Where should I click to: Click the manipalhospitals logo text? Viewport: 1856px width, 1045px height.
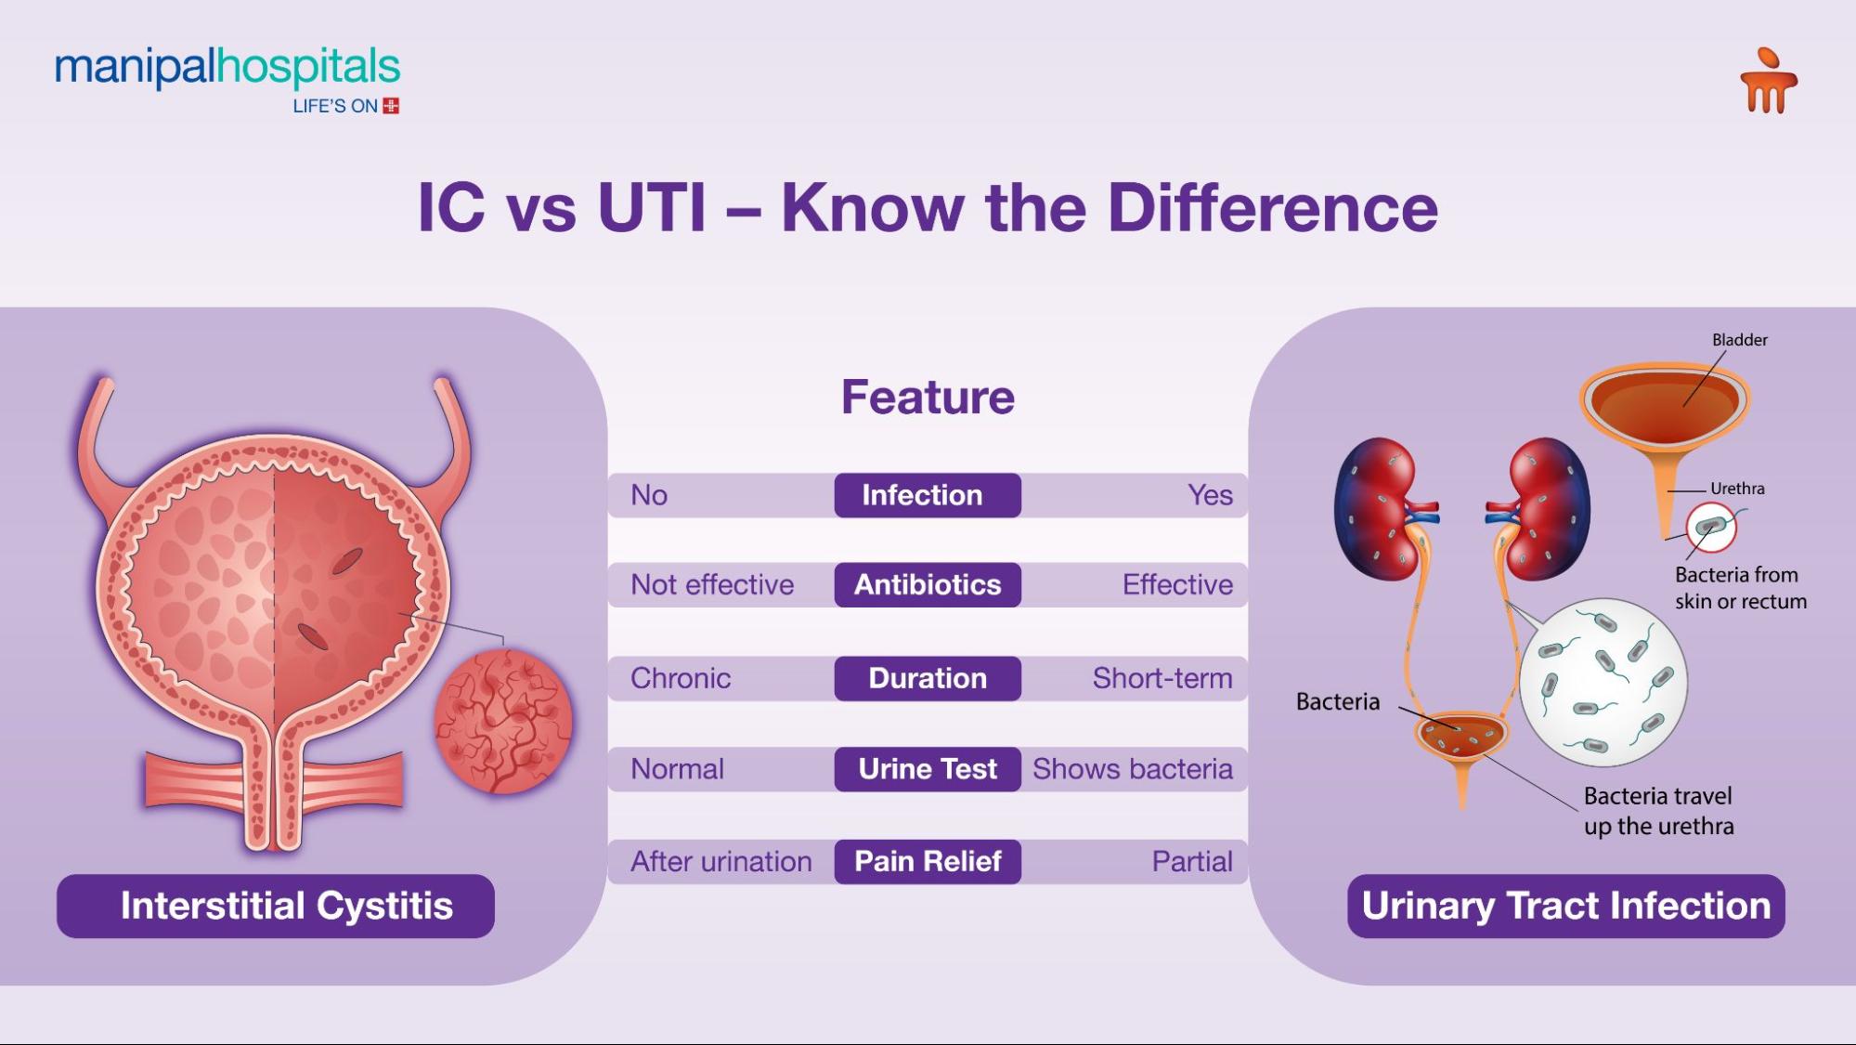pyautogui.click(x=227, y=70)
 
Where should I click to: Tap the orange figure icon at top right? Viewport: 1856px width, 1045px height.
pyautogui.click(x=1768, y=82)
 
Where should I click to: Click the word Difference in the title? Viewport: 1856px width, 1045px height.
pyautogui.click(x=1272, y=207)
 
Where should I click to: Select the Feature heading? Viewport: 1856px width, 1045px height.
pyautogui.click(x=928, y=398)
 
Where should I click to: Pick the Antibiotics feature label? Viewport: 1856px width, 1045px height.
pyautogui.click(x=927, y=585)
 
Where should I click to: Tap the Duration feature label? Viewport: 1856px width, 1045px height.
pyautogui.click(x=927, y=678)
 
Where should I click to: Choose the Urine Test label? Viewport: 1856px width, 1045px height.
pyautogui.click(x=927, y=769)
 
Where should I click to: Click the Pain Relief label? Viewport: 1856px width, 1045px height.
pyautogui.click(x=927, y=861)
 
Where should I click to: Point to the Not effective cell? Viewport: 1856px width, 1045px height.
pyautogui.click(x=712, y=585)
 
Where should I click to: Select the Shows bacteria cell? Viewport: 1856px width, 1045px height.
pyautogui.click(x=1132, y=769)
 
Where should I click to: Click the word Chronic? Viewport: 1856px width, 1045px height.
pyautogui.click(x=681, y=678)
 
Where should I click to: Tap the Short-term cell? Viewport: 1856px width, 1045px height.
pyautogui.click(x=1162, y=678)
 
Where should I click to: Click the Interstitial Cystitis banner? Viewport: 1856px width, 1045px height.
pyautogui.click(x=276, y=906)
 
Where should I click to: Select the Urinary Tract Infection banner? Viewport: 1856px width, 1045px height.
pyautogui.click(x=1565, y=906)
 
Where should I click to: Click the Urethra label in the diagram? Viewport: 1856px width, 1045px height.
pyautogui.click(x=1736, y=489)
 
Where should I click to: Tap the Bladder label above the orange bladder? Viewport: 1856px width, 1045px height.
pyautogui.click(x=1739, y=340)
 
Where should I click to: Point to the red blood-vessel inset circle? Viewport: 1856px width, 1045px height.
pyautogui.click(x=503, y=722)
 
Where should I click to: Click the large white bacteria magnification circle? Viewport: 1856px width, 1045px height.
pyautogui.click(x=1603, y=683)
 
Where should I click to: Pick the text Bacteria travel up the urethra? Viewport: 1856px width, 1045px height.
pyautogui.click(x=1658, y=811)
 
